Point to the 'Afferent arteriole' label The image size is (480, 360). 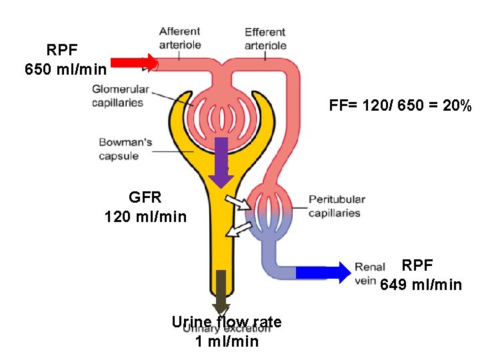[179, 37]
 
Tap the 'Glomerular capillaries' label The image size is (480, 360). [117, 95]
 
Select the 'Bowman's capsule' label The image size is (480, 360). [125, 149]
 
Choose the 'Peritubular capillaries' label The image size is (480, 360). [337, 206]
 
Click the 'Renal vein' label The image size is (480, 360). [369, 273]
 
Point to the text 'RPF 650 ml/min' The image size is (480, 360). [65, 59]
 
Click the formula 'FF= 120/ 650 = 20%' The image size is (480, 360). [400, 106]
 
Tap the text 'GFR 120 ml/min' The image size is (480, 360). [145, 207]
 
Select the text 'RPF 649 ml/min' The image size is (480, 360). [421, 276]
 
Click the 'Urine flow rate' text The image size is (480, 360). [226, 323]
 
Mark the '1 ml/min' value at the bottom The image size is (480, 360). [227, 342]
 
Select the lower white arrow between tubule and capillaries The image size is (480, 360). [238, 229]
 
